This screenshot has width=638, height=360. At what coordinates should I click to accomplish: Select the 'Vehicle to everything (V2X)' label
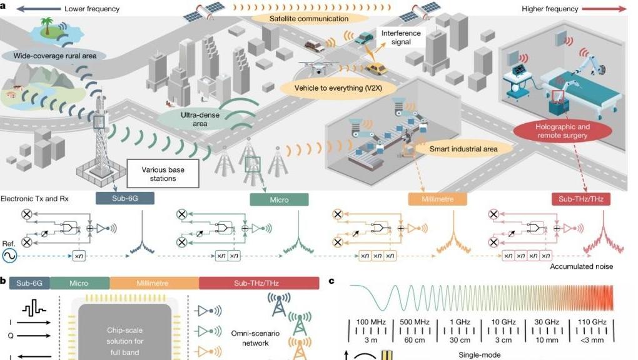[x=338, y=88]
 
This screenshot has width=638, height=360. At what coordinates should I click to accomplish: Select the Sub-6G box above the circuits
[x=125, y=198]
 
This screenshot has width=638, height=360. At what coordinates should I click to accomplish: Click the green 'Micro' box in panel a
[x=279, y=199]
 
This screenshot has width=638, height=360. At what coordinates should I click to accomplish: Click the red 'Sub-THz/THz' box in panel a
[x=581, y=199]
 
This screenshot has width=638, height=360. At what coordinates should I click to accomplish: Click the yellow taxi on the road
[x=375, y=68]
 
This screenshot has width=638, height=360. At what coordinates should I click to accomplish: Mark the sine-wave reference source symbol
[x=11, y=256]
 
